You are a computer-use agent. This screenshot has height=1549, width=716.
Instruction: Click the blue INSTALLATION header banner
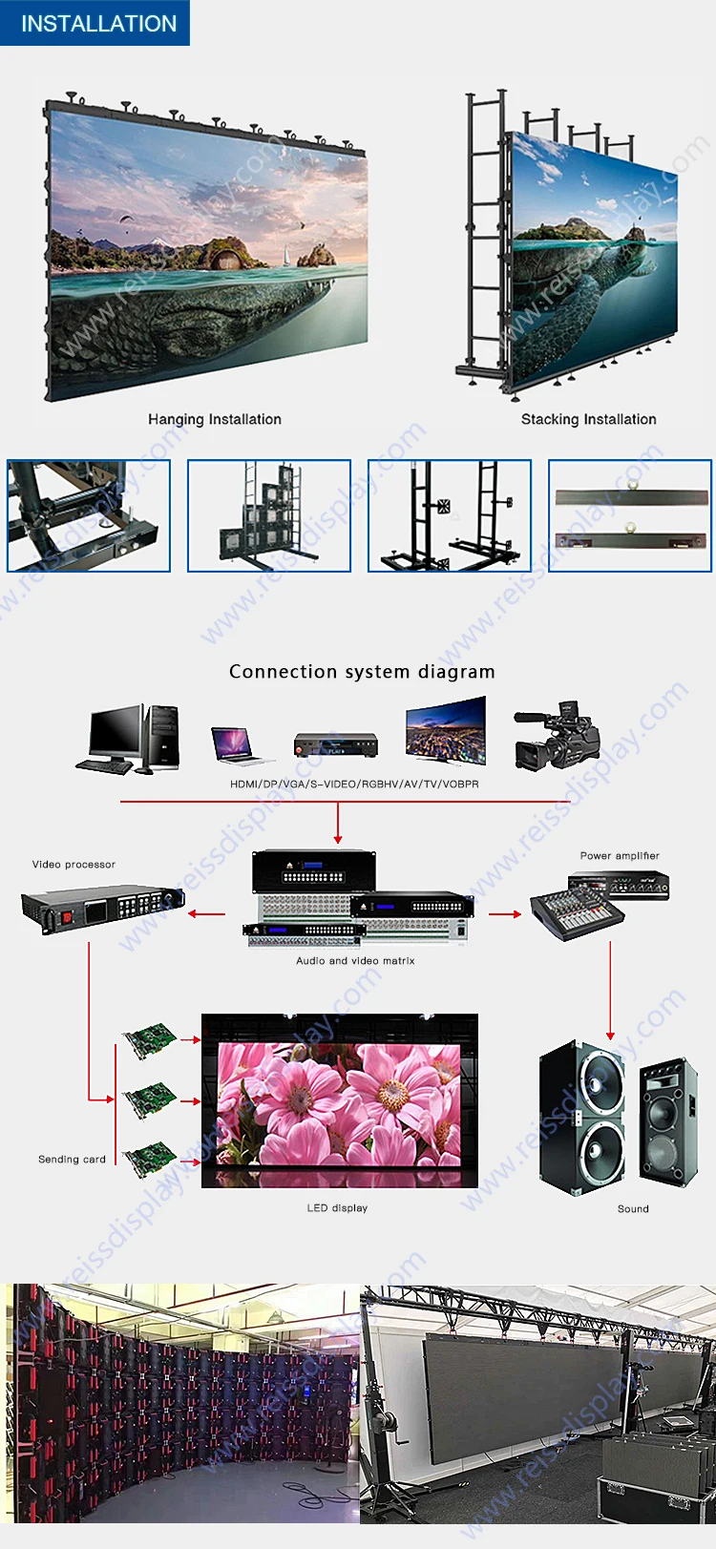pos(95,23)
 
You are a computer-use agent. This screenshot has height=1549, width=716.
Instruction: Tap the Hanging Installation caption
pos(215,419)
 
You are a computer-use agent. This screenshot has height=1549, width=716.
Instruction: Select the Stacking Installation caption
pos(589,419)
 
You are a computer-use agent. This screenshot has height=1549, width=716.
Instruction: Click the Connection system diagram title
pos(362,672)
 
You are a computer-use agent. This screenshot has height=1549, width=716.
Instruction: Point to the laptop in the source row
pos(235,744)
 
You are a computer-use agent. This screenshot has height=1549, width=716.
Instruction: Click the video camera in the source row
pos(557,735)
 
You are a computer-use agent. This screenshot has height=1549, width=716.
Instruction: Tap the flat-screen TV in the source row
pos(446,731)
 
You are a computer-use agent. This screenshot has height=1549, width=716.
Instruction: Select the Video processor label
pos(74,865)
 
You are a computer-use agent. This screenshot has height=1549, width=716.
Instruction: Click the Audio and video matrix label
pos(355,960)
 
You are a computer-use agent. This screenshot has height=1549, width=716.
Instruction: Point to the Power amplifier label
pos(620,855)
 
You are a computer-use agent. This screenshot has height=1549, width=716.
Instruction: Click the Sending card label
pos(72,1159)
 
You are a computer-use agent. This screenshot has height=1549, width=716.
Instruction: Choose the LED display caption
pos(338,1207)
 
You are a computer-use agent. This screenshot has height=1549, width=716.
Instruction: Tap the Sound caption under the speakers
pos(633,1209)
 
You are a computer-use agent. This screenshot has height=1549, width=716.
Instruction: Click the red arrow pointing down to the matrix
pos(338,823)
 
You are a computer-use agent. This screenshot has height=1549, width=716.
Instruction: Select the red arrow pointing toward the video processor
pos(206,914)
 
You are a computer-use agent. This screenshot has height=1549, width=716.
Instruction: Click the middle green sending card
pos(149,1099)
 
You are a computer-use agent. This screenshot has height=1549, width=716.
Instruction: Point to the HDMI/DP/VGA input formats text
pos(354,785)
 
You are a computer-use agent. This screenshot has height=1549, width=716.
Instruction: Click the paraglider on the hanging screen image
pos(126,220)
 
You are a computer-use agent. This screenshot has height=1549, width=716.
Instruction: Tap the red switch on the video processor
pos(67,917)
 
